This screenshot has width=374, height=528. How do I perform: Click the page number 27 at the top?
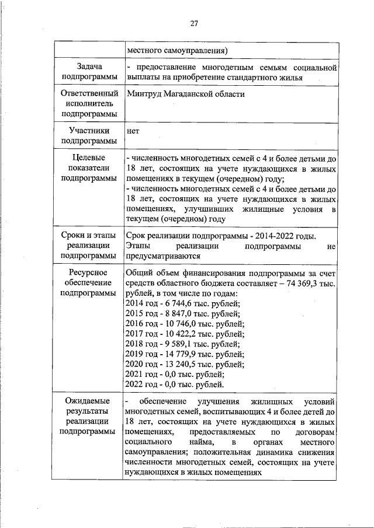[194, 23]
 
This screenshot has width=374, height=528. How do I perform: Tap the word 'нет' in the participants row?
[133, 131]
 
